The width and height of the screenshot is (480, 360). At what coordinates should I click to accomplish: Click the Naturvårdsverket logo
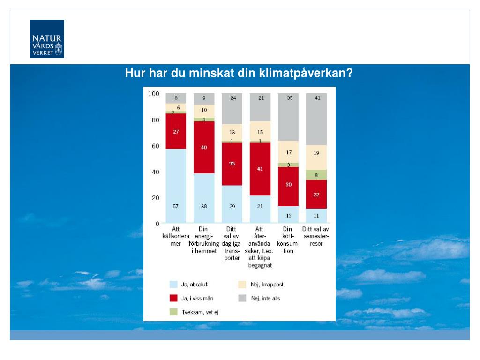47,39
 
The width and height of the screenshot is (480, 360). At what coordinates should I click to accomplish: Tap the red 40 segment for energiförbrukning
204,147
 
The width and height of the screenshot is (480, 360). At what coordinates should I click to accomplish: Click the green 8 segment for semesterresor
317,175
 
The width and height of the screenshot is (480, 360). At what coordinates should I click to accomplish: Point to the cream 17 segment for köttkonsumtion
288,152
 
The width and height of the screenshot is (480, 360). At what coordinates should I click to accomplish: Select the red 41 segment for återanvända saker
260,169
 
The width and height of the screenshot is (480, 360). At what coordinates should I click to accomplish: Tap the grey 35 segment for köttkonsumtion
288,117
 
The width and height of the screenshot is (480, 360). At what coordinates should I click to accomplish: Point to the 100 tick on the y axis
154,94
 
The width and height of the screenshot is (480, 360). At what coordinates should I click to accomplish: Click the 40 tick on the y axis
155,172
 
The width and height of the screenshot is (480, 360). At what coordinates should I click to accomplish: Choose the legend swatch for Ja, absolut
173,285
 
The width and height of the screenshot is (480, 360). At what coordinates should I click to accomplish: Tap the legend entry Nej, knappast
267,285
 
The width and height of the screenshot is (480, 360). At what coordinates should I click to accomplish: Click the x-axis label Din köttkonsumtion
288,240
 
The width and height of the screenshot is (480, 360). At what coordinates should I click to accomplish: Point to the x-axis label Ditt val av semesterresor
316,237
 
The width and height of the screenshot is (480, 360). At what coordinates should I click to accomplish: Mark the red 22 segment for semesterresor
317,194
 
